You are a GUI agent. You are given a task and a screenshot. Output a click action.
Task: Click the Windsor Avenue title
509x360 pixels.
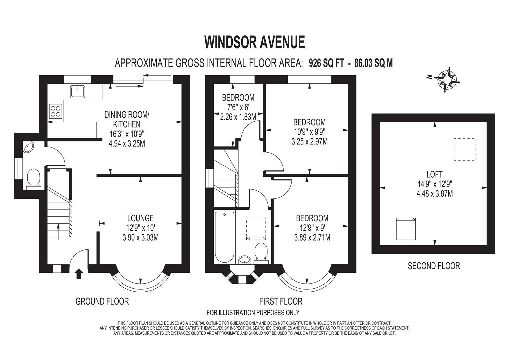(254, 42)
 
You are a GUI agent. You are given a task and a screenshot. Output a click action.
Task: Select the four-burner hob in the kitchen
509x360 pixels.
(56, 111)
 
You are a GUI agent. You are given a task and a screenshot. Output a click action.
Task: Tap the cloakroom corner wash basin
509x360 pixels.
(28, 147)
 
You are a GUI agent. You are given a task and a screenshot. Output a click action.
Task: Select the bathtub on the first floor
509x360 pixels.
(225, 237)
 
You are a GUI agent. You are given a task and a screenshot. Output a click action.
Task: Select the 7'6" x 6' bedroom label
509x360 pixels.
(238, 107)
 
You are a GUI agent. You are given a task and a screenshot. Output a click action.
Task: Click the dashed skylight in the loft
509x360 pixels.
(465, 150)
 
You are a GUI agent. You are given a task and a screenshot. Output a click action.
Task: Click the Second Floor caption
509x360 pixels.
(434, 266)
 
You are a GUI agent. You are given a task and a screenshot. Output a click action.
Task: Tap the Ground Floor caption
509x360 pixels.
(102, 301)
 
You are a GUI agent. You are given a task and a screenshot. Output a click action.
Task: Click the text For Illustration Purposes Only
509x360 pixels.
(253, 312)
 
